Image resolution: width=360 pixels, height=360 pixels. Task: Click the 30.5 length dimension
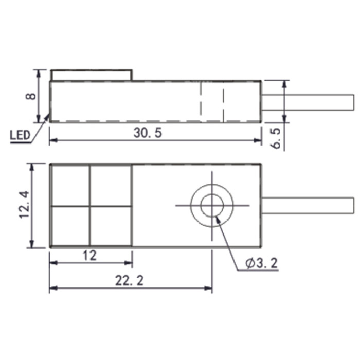tap(148, 133)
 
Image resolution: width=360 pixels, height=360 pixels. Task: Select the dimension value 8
tap(31, 96)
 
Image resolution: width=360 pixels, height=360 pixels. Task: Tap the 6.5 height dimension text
tap(276, 138)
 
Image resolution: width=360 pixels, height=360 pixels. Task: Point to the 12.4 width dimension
tap(24, 205)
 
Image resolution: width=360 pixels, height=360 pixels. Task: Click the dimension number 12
tap(89, 256)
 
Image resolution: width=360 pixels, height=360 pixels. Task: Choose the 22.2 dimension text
tap(129, 281)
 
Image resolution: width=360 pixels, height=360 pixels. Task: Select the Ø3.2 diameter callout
tap(261, 263)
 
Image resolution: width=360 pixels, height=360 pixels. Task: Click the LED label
tap(20, 135)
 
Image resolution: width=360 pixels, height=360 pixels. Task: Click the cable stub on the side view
tap(308, 102)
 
